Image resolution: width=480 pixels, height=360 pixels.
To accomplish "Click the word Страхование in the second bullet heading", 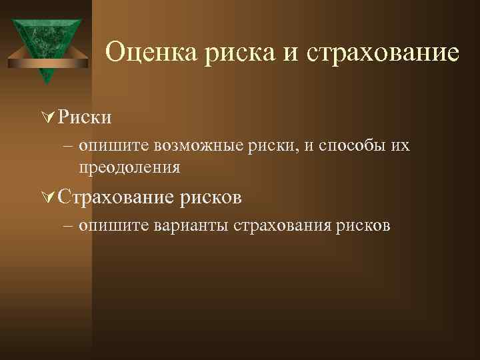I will click(x=115, y=197).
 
